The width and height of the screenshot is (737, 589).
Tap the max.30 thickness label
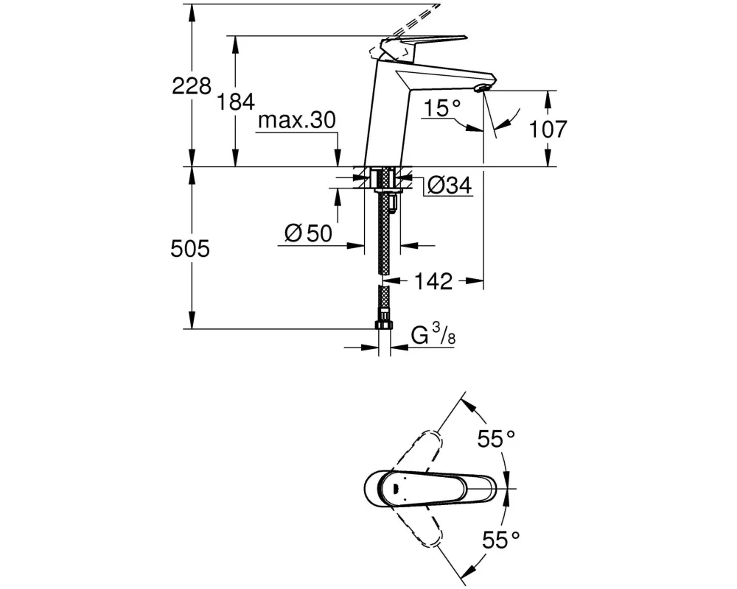[296, 120]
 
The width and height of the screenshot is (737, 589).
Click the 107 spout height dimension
[550, 130]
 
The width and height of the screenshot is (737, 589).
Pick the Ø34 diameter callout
[449, 186]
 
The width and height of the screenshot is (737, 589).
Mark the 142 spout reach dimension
[433, 281]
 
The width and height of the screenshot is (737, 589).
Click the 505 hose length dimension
[191, 249]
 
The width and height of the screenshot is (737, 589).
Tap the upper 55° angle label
[495, 440]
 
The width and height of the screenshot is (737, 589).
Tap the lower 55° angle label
[495, 541]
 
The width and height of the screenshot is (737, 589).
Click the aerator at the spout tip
[483, 89]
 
